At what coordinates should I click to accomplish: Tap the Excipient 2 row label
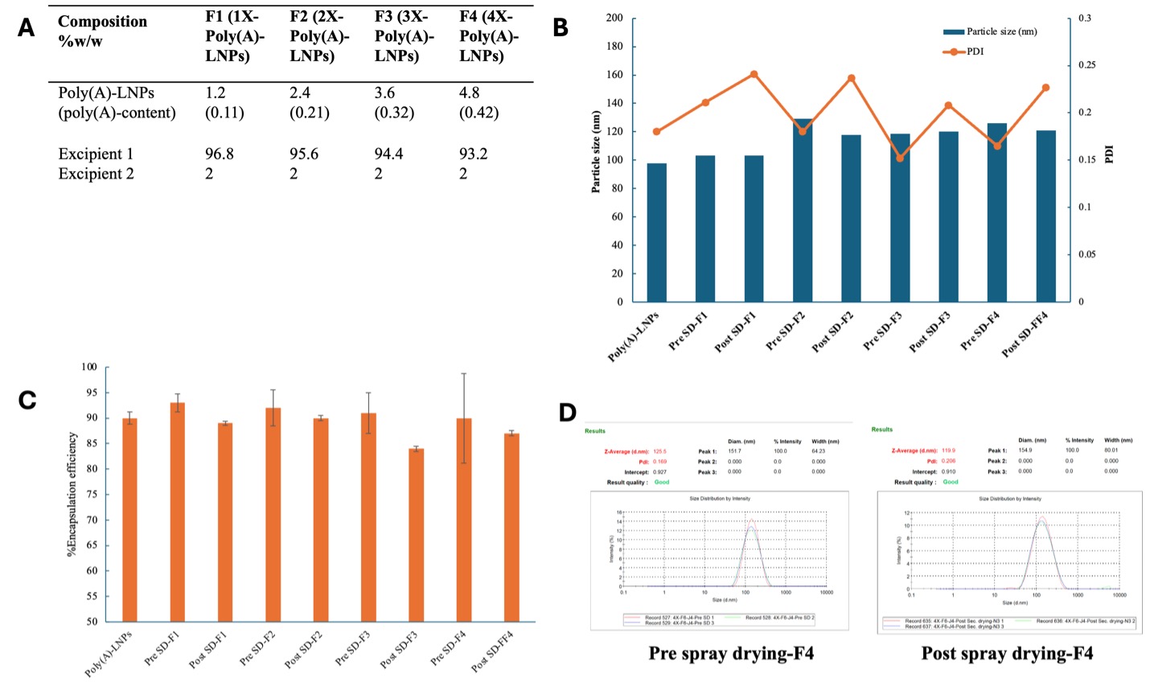[96, 174]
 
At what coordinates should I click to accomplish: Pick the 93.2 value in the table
[474, 154]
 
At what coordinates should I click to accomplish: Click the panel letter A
[27, 28]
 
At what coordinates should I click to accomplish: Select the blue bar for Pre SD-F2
[803, 211]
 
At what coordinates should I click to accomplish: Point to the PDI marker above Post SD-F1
[754, 74]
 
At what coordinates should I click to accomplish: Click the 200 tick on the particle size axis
[614, 18]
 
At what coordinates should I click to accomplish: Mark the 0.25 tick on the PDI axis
[1085, 65]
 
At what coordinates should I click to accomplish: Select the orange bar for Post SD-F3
[416, 535]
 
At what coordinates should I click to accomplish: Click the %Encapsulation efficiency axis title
[72, 495]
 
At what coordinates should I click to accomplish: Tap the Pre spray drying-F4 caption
[731, 653]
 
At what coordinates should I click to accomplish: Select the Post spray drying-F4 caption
[1007, 653]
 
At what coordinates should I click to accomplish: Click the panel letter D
[568, 413]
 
